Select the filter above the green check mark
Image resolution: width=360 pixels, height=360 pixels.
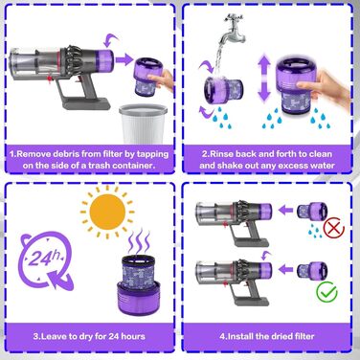click(319, 268)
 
